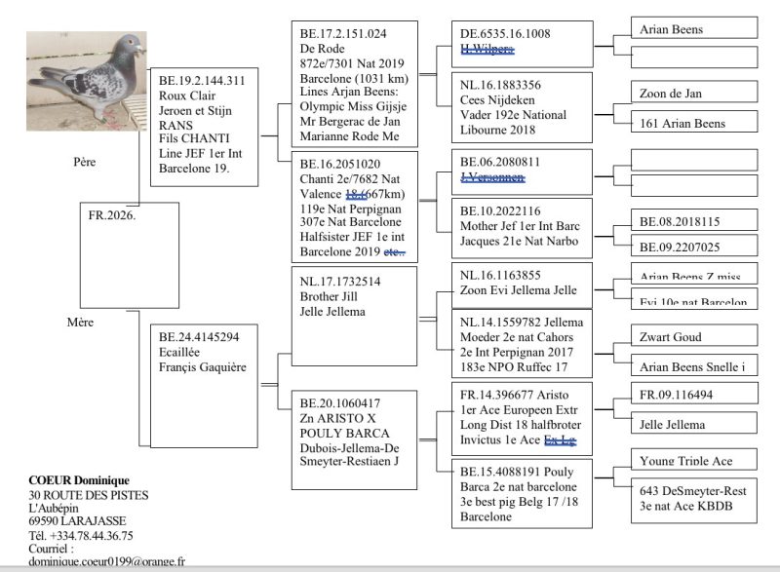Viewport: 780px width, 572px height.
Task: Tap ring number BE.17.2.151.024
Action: (x=345, y=33)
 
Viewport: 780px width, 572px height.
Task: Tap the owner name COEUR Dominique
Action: (x=77, y=480)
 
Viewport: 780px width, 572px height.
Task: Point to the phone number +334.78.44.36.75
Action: (x=95, y=535)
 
